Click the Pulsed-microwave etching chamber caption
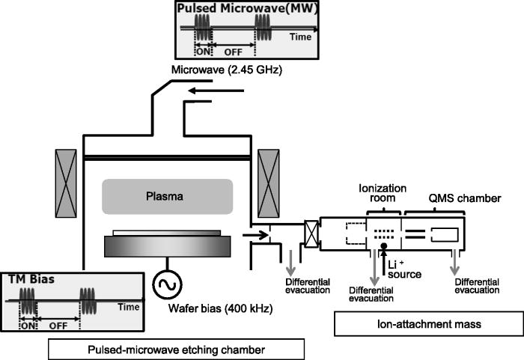(x=175, y=349)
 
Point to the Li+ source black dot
(x=383, y=246)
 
